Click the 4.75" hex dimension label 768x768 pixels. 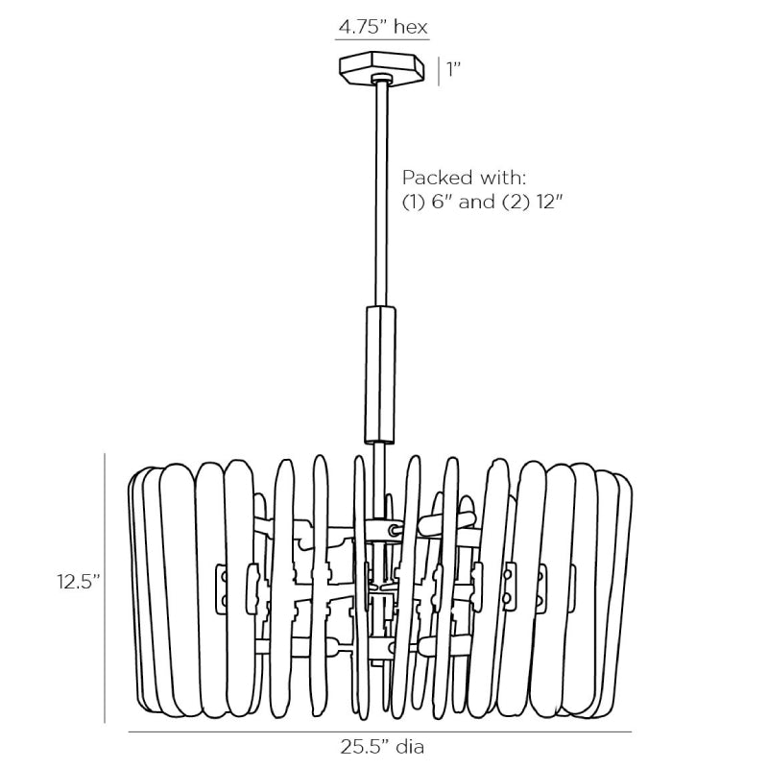tap(383, 27)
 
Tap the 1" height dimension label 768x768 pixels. tap(453, 69)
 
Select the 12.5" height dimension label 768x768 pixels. tap(78, 582)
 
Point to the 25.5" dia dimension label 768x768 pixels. tap(382, 747)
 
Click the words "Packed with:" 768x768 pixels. tap(464, 178)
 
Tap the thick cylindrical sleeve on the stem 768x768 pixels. tap(380, 375)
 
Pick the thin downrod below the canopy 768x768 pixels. tap(381, 194)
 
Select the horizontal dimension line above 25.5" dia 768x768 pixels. tap(379, 732)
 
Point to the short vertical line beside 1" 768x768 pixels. tap(439, 71)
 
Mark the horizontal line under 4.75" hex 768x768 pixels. tap(382, 38)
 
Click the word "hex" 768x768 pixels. tap(411, 27)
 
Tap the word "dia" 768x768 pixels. tap(411, 747)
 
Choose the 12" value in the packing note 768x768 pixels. tap(549, 202)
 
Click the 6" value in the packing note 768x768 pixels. tap(442, 202)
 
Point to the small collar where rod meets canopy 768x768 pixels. tap(381, 78)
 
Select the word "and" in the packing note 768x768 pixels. tap(476, 202)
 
